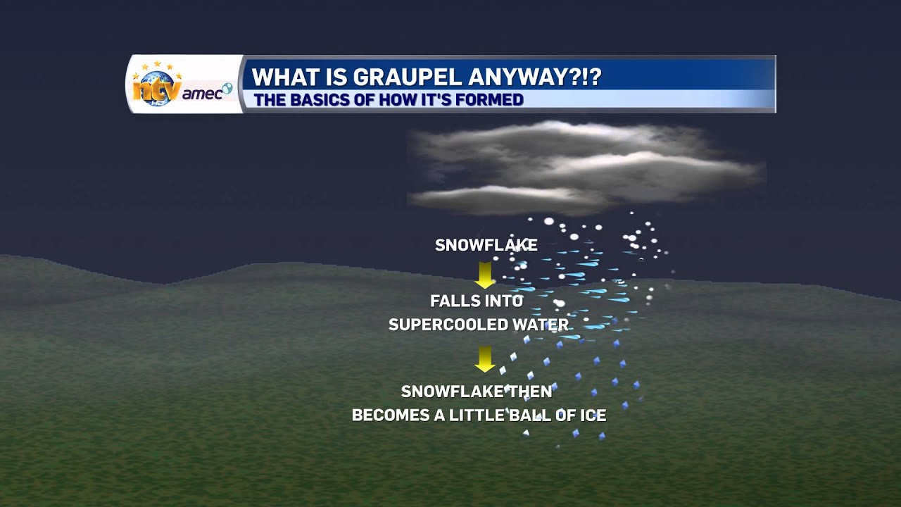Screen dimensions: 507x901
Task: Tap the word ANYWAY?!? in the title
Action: [536, 77]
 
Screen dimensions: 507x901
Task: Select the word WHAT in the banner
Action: [282, 77]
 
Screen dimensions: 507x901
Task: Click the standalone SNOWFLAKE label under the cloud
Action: [486, 245]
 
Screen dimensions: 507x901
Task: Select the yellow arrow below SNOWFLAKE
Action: [484, 275]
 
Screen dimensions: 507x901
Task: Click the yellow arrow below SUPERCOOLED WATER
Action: [484, 358]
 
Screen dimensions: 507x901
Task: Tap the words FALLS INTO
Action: [477, 301]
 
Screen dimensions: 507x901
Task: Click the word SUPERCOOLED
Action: [448, 325]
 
